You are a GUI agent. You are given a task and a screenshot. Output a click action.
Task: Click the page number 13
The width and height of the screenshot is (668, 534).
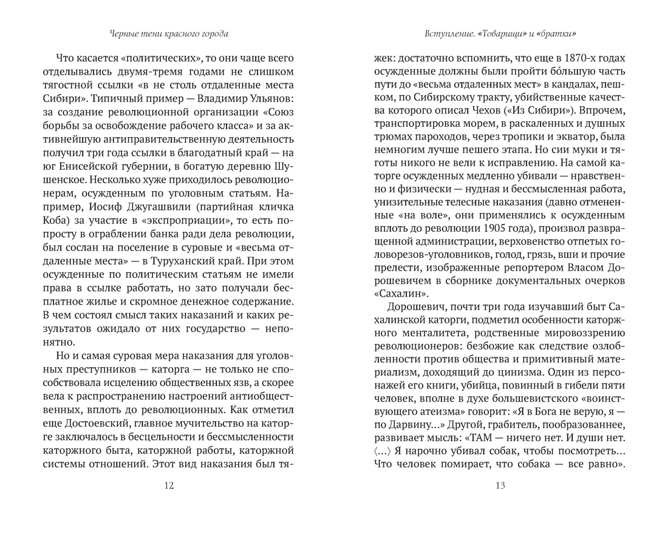[x=500, y=484]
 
